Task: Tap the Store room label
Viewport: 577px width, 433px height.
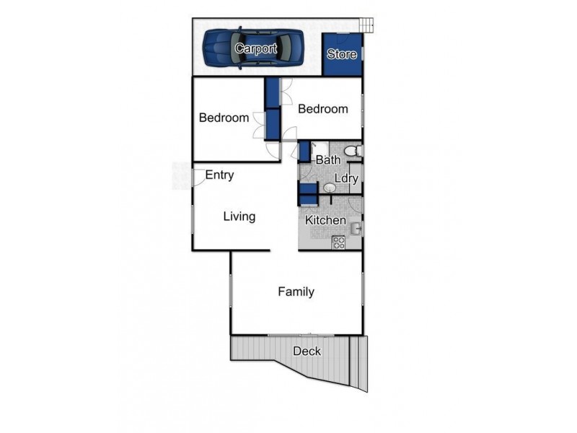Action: tap(342, 54)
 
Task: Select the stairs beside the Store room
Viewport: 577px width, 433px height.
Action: tap(369, 25)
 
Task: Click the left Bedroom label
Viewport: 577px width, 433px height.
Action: tap(224, 118)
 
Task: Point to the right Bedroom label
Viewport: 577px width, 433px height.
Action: tap(323, 109)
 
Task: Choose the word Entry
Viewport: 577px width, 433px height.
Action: tap(219, 175)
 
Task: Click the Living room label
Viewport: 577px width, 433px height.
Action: tap(239, 216)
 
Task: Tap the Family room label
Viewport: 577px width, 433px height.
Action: tap(296, 292)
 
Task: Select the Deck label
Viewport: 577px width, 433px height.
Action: tap(307, 351)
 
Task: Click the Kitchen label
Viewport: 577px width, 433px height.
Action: tap(325, 220)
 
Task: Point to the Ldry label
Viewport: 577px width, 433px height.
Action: tap(346, 178)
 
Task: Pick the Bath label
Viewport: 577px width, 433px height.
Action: tap(328, 159)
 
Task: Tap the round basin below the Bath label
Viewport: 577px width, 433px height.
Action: tap(329, 188)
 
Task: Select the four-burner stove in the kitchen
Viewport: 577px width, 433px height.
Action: tap(338, 243)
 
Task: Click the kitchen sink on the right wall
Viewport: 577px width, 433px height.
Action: tap(356, 229)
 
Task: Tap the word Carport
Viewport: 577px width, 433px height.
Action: tap(255, 49)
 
